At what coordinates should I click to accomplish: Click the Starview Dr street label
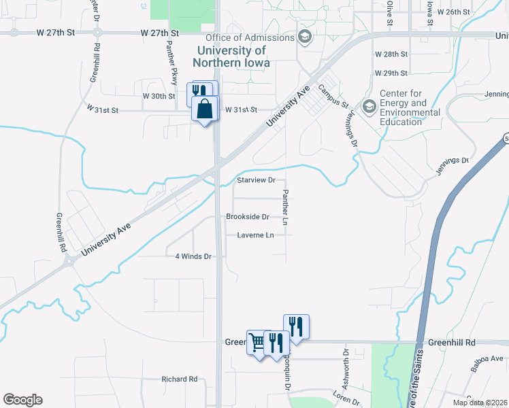tap(256, 180)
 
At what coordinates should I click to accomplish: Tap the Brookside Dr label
tap(248, 218)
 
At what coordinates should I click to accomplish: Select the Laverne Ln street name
tap(255, 235)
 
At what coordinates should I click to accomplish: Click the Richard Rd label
tap(179, 379)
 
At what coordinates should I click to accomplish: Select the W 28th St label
tap(391, 54)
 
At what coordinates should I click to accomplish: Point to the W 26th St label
tap(454, 12)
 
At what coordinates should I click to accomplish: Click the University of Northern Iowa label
tap(231, 56)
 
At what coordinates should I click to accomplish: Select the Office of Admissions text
tap(248, 37)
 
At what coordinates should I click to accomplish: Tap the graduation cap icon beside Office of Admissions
tap(303, 37)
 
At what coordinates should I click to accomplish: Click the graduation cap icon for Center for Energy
tap(369, 105)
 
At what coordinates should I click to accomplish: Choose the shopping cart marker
tap(257, 342)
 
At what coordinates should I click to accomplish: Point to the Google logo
tap(22, 400)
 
